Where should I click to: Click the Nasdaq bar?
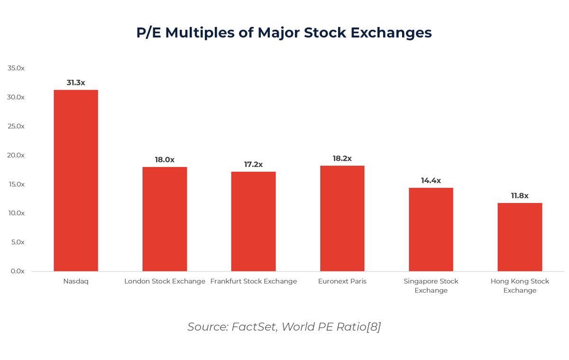coord(76,180)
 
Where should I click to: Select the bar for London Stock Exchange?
coord(165,219)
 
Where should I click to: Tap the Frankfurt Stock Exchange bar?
coord(253,221)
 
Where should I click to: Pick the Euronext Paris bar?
coord(342,218)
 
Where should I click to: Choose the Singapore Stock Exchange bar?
coord(431,229)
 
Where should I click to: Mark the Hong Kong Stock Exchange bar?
coord(520,237)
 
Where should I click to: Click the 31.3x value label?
coord(76,83)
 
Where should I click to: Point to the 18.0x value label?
coord(165,160)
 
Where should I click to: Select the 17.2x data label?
coord(253,165)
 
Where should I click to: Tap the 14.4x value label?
coord(431,181)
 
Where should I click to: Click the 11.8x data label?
coord(520,196)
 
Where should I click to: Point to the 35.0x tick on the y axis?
coord(16,68)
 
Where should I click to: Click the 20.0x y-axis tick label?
coord(16,155)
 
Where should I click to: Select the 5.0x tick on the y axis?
coord(18,242)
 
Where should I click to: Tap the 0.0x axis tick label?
coord(18,271)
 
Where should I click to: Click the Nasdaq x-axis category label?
coord(76,281)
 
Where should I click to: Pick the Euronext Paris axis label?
coord(342,281)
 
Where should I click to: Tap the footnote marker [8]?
coord(374,327)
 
